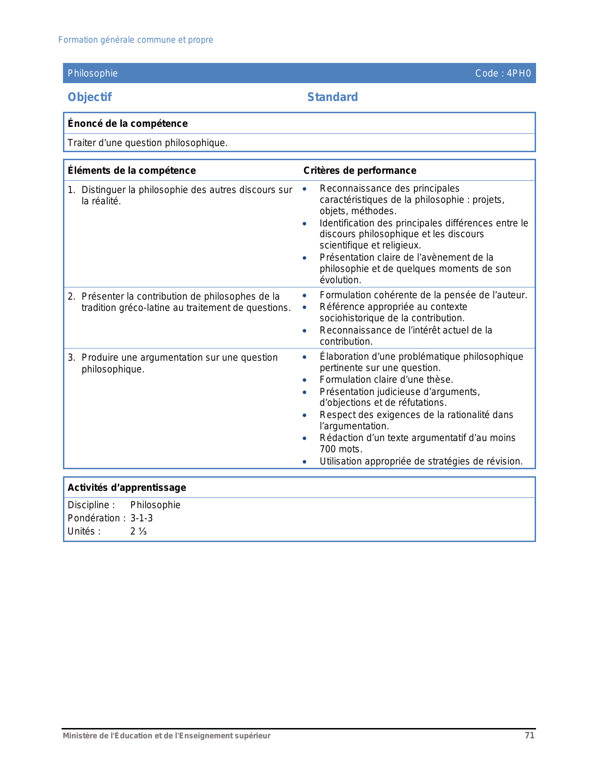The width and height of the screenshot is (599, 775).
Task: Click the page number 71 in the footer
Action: tap(529, 736)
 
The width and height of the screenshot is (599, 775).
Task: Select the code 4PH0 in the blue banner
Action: tap(519, 73)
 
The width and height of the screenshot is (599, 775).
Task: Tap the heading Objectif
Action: tap(90, 97)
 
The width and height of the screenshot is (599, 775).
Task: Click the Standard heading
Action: tap(333, 97)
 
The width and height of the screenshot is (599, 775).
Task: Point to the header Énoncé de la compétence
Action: tap(128, 124)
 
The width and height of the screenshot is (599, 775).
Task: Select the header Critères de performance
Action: tap(360, 170)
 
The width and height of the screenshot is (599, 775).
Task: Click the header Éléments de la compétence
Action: tap(132, 170)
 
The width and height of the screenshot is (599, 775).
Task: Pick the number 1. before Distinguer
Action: tap(71, 190)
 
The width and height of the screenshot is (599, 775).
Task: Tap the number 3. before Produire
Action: tap(71, 357)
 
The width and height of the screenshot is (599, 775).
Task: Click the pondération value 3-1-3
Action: tap(141, 518)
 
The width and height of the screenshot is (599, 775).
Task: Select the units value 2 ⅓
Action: tap(139, 531)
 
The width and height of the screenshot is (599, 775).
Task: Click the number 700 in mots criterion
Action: tap(328, 449)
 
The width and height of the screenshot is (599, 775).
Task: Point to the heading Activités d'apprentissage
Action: tap(127, 488)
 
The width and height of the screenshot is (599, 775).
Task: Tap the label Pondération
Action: tap(95, 518)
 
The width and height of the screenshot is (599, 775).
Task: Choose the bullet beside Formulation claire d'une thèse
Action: tap(304, 380)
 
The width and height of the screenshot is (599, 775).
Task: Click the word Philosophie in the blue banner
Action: tap(93, 73)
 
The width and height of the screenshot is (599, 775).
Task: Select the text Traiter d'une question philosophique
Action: tap(148, 143)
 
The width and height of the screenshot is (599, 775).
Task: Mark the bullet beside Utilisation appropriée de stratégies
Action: tap(304, 461)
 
